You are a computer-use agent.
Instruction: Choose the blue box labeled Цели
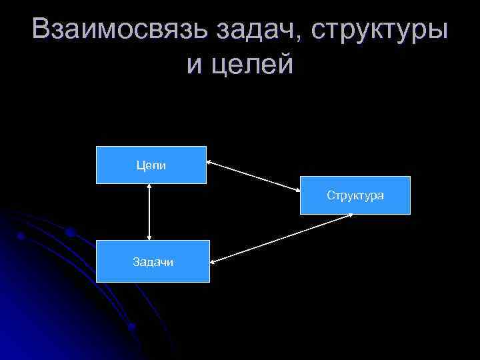tap(151, 165)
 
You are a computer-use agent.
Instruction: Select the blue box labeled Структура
tap(355, 195)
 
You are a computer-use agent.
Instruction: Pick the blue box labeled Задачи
tap(153, 261)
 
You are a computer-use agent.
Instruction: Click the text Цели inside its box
tap(151, 165)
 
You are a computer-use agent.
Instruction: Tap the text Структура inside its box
tap(355, 195)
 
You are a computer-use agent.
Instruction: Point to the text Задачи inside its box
tap(153, 262)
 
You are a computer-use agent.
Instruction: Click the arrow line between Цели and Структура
tap(253, 177)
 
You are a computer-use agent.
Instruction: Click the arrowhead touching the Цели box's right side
tap(210, 162)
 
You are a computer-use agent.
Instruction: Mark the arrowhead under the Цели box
tap(149, 188)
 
